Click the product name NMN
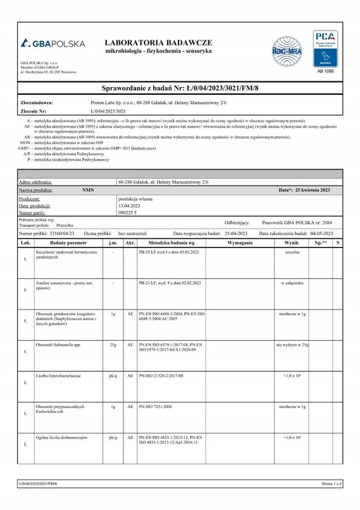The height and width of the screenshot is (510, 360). (x=88, y=191)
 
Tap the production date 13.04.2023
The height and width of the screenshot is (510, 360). (x=130, y=205)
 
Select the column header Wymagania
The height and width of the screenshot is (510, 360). (x=242, y=242)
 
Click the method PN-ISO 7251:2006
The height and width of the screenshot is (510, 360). (x=161, y=407)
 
